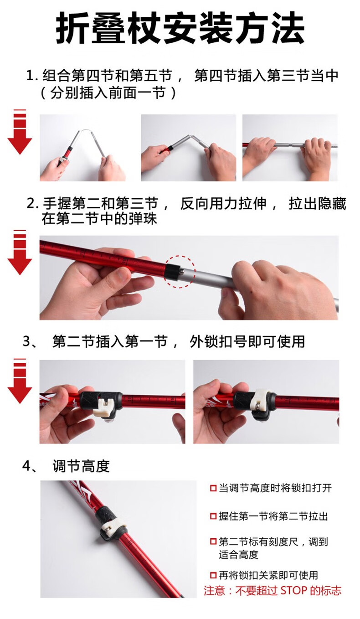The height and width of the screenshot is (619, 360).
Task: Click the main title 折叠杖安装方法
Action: pos(180,28)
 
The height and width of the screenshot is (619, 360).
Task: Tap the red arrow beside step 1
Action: pos(20,132)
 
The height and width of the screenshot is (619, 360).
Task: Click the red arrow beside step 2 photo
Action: pos(20,252)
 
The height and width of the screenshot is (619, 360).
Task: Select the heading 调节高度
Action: pos(81,466)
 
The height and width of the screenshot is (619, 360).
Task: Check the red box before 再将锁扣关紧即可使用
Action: pos(213,576)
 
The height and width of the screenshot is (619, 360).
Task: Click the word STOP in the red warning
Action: pos(293,591)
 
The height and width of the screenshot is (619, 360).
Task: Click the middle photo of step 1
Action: pos(188,148)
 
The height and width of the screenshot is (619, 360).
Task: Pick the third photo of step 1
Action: pos(290,148)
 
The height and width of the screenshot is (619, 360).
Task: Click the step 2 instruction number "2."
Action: pos(32,204)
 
